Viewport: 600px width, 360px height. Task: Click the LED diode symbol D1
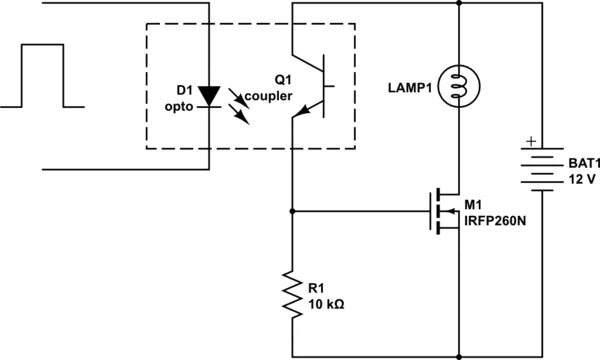click(208, 95)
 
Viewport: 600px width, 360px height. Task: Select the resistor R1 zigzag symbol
click(292, 293)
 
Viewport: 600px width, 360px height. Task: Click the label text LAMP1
click(408, 87)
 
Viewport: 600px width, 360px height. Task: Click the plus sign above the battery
click(531, 143)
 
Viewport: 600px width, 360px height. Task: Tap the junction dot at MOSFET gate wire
click(292, 212)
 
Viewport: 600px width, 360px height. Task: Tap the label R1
click(318, 288)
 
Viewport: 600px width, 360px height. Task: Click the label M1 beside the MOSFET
click(474, 204)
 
